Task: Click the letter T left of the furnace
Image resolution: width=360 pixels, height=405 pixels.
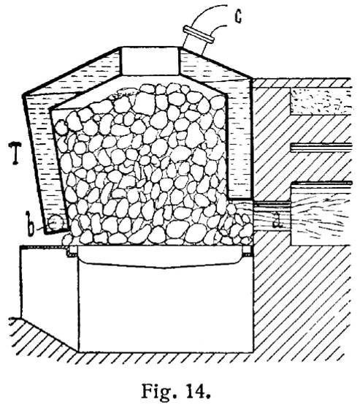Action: click(x=15, y=153)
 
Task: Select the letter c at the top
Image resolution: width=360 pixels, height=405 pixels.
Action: click(x=238, y=17)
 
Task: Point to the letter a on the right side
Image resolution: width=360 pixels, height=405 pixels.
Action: click(x=277, y=220)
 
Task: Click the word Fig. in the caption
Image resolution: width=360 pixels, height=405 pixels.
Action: click(x=157, y=391)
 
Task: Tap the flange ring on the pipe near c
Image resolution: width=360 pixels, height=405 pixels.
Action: click(x=198, y=34)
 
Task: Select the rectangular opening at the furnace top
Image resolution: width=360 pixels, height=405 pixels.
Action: click(x=150, y=61)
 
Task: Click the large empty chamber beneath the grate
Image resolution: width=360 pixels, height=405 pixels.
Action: click(x=166, y=307)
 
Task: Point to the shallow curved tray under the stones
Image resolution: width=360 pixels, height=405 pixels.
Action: click(x=161, y=256)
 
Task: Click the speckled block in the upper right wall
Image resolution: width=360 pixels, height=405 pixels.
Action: click(x=321, y=102)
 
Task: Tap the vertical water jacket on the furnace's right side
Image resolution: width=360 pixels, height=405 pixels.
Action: click(x=239, y=145)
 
